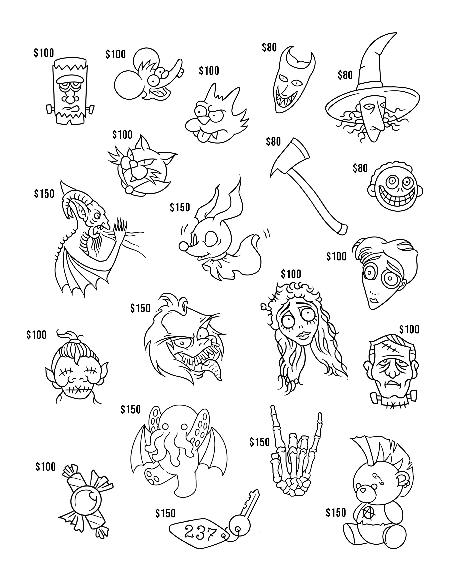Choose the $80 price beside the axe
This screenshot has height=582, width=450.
273,141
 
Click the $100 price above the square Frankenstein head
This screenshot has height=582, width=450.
44,53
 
